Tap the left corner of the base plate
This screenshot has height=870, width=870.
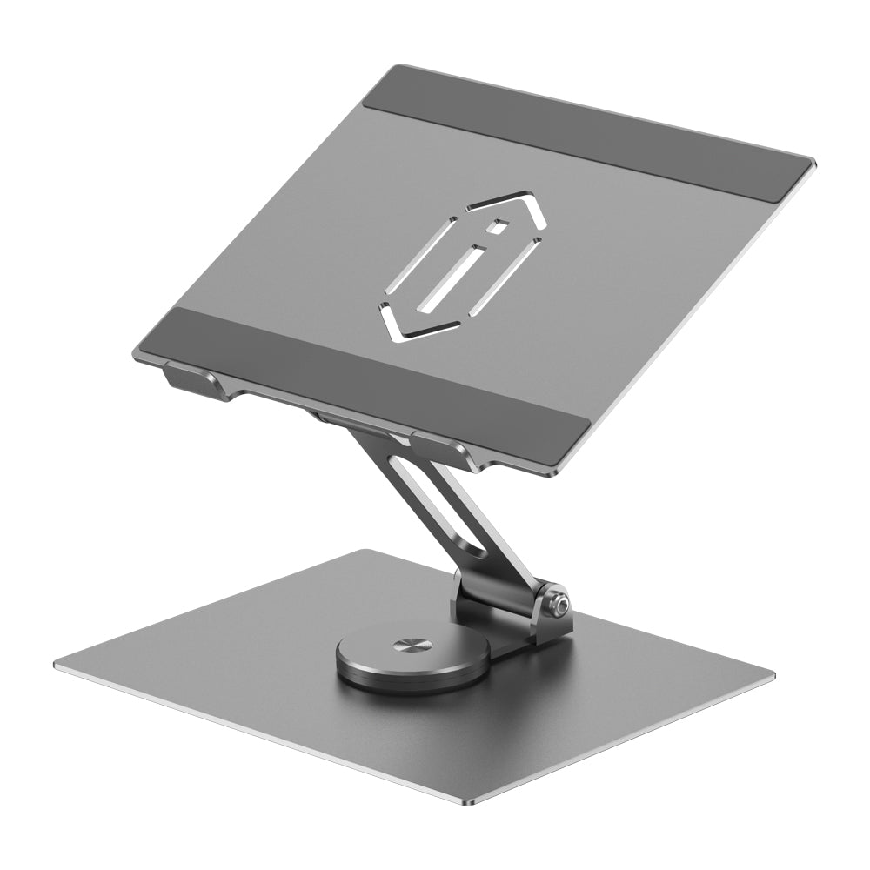57,666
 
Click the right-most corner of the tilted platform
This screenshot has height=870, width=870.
813,163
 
